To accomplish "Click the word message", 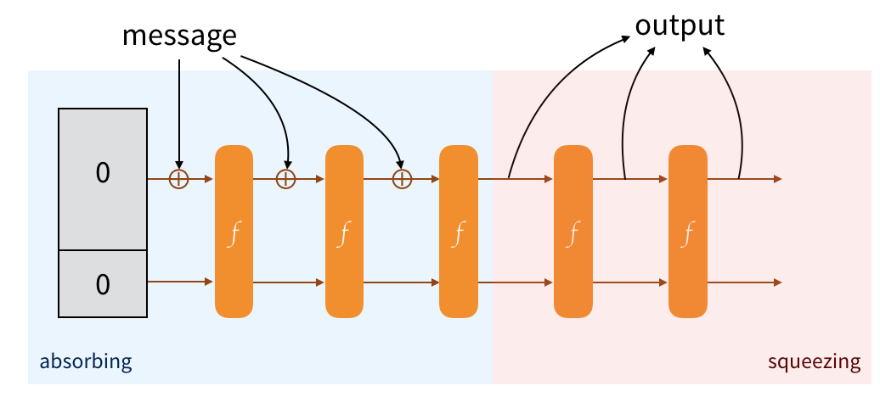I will tap(178, 36).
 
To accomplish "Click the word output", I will tap(680, 25).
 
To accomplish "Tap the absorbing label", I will tap(86, 363).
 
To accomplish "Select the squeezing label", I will tap(814, 363).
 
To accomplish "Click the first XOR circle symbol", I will tap(179, 179).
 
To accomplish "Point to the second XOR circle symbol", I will tap(286, 179).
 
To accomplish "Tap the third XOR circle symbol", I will tap(401, 179).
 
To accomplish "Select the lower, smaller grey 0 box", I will tap(102, 284).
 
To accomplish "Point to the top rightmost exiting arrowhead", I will tap(776, 179).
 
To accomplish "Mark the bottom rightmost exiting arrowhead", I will tap(776, 282).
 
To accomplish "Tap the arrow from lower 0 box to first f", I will tap(179, 282).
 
